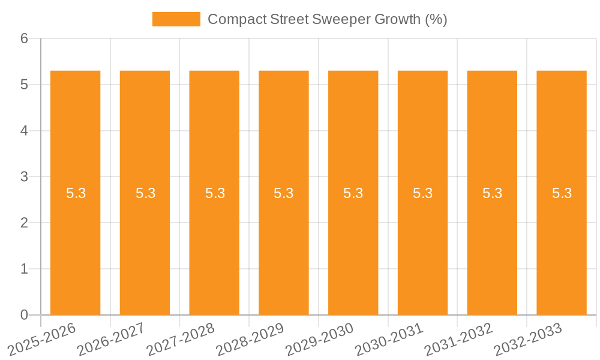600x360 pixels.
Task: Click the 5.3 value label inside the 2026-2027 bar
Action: click(x=145, y=193)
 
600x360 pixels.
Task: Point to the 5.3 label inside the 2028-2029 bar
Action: click(x=284, y=193)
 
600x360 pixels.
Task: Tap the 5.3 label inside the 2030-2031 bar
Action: click(x=423, y=193)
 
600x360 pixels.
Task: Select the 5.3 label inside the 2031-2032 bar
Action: click(x=492, y=193)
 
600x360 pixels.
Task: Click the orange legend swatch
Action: click(x=176, y=19)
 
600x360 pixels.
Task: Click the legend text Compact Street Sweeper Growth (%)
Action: click(x=327, y=19)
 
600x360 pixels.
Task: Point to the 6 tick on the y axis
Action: click(x=25, y=38)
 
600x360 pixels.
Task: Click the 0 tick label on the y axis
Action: click(x=25, y=315)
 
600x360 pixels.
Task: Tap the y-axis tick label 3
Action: click(x=25, y=177)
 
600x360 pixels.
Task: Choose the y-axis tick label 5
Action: click(x=25, y=85)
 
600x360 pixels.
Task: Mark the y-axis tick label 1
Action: click(x=25, y=269)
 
